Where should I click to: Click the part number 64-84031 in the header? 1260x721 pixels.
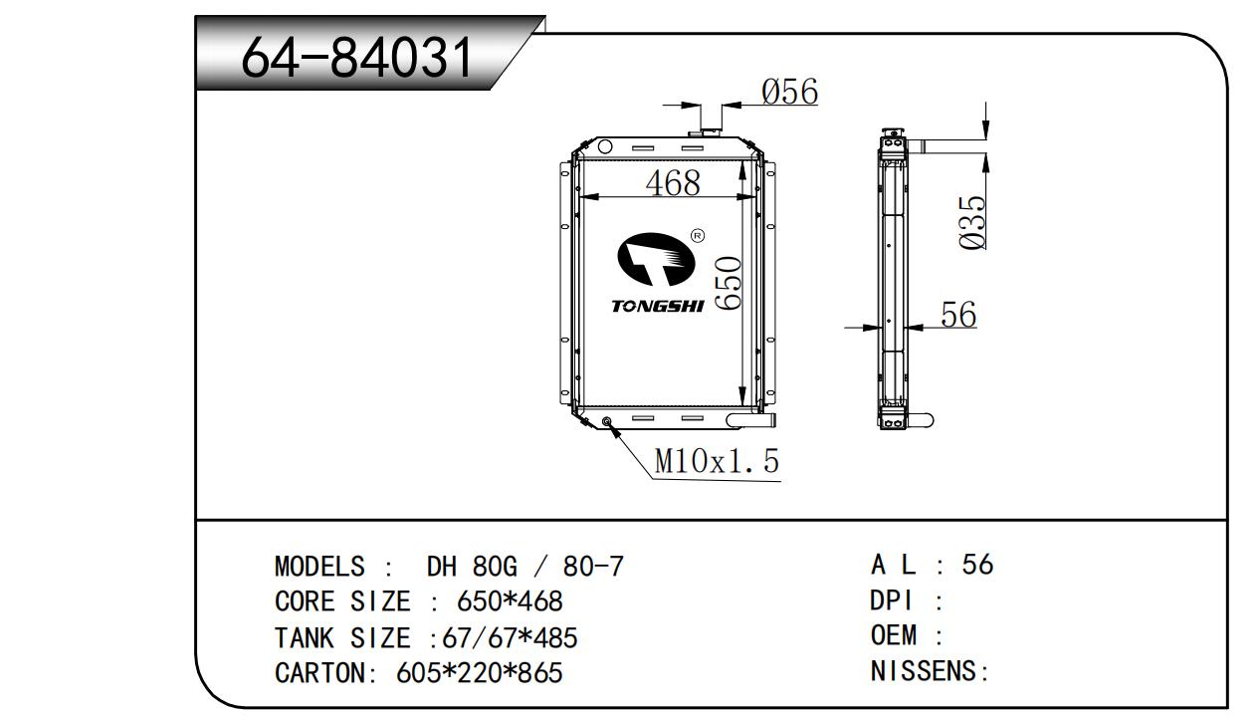pos(357,57)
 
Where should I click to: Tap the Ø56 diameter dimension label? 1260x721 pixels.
pos(790,92)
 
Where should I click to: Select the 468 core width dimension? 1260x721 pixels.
pos(673,183)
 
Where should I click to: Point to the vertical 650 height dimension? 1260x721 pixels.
pos(729,283)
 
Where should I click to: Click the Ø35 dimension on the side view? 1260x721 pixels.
pos(972,222)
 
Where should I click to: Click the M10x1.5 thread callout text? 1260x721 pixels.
pos(718,461)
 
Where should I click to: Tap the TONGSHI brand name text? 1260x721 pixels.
pos(658,306)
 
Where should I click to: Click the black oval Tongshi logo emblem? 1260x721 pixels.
pos(656,259)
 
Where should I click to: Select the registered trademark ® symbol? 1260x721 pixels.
pos(697,236)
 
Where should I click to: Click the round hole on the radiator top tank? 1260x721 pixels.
pos(605,147)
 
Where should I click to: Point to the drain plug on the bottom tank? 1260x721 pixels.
pos(606,421)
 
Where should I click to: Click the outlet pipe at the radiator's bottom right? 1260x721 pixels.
pos(751,420)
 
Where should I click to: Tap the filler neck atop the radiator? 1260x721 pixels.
pos(703,132)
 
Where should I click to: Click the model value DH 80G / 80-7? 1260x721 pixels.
pos(525,567)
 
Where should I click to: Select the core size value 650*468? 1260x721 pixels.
pos(510,601)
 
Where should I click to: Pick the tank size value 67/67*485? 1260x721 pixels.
pos(510,638)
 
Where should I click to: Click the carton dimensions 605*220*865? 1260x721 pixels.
pos(480,673)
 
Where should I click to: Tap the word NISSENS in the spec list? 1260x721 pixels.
pos(923,671)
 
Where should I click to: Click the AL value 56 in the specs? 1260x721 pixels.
pos(977,564)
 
